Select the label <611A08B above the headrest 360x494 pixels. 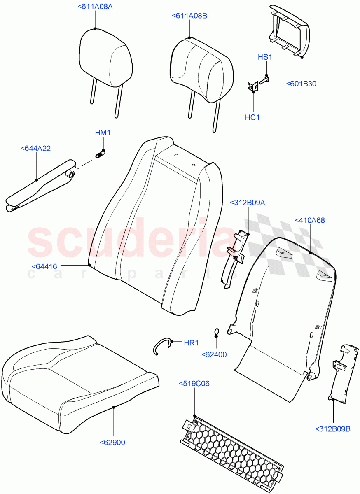pos(189,16)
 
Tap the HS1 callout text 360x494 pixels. pos(265,57)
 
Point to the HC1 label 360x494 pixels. pos(252,118)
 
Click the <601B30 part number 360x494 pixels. pos(301,84)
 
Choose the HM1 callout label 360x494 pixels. pos(103,133)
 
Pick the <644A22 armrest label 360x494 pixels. pos(35,149)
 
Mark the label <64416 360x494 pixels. pos(44,266)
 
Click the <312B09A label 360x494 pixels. pos(248,203)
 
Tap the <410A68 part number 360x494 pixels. pos(310,220)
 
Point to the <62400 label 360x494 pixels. pos(214,354)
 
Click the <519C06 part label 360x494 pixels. pos(194,384)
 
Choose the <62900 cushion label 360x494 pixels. pos(112,443)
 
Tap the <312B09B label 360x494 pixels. pos(333,429)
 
